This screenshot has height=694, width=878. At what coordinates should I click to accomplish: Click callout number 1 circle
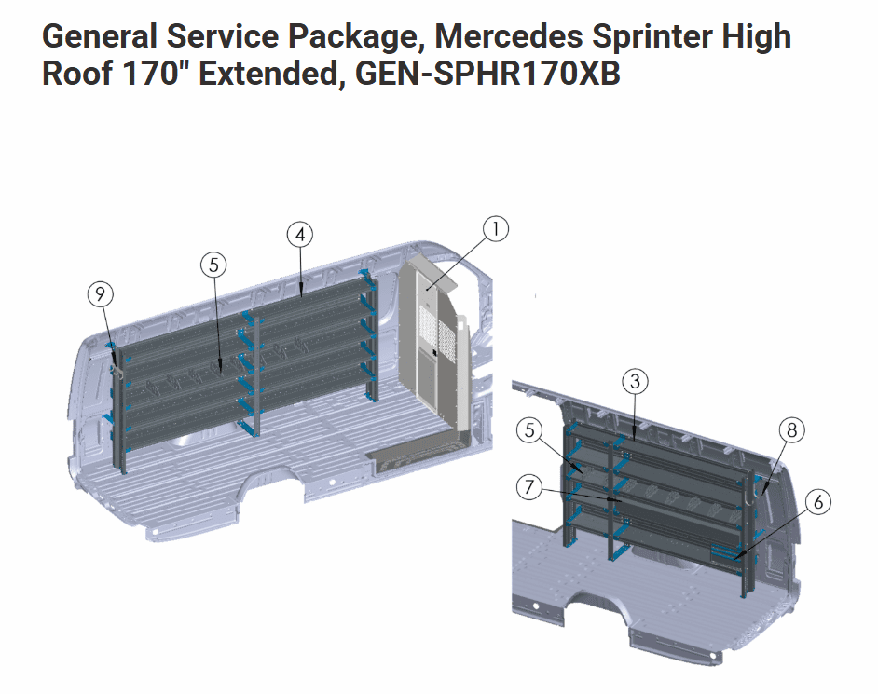(496, 229)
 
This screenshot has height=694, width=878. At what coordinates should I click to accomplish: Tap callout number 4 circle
(300, 235)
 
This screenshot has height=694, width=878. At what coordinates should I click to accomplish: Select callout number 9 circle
(101, 293)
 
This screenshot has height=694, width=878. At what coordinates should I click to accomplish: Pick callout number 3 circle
(635, 382)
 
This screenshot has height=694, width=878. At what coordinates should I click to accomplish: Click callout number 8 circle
(791, 429)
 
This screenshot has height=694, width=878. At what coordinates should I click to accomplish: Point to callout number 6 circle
(818, 502)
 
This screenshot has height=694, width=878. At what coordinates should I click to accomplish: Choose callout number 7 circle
(529, 487)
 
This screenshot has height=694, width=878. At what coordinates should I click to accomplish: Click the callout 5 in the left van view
(213, 265)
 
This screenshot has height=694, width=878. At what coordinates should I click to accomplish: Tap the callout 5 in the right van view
(529, 430)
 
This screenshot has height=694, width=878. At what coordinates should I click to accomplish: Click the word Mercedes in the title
(508, 36)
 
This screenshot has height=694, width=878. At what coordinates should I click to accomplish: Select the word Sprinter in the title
(652, 38)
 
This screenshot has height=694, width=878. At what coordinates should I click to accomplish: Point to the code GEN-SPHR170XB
(487, 74)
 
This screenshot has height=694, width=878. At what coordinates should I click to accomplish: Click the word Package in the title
(352, 38)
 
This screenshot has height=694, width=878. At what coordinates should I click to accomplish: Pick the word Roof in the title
(77, 74)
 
